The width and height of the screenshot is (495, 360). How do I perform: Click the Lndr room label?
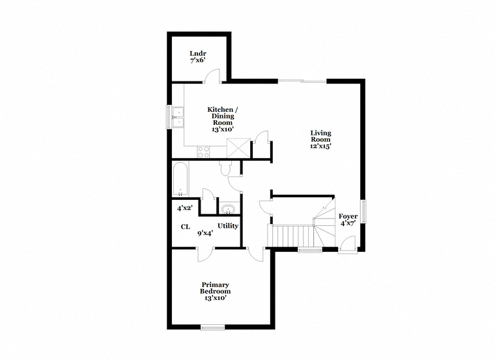198,53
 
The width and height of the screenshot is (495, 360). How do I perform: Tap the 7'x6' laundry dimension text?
198,61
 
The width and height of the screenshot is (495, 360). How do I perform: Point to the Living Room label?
320,136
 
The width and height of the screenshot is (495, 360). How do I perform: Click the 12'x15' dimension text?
320,146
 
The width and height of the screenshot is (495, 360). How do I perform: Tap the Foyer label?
348,216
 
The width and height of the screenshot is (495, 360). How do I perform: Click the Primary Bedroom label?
215,288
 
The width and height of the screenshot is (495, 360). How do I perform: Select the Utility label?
228,226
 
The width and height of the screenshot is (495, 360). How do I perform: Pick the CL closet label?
186,227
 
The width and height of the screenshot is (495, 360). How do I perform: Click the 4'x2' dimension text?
185,208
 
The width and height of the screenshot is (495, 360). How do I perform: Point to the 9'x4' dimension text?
205,234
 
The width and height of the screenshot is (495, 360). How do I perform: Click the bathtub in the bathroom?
181,179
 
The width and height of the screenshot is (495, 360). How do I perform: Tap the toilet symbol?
226,168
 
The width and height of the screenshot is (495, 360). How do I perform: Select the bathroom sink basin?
228,209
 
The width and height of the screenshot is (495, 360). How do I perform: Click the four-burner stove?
203,152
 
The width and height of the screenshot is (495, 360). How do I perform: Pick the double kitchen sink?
178,117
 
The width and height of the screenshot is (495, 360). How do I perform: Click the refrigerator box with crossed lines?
238,148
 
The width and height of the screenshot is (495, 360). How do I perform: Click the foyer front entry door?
347,243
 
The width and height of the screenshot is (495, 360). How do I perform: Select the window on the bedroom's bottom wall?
213,327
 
